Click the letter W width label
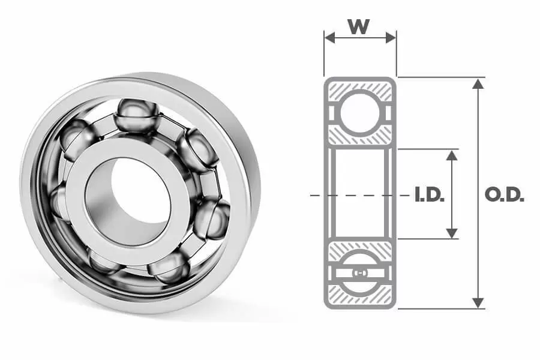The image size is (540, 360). [x=359, y=26]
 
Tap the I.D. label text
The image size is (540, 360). [x=430, y=195]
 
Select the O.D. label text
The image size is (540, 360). [x=504, y=195]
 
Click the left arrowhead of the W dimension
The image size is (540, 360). [x=329, y=38]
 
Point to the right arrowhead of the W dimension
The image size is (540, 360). [x=391, y=38]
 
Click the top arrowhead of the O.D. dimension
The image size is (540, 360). [x=478, y=83]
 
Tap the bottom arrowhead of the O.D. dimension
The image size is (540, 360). [x=478, y=303]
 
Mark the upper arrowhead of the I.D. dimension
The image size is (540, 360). [x=451, y=155]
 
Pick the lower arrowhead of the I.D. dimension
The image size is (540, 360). [x=451, y=233]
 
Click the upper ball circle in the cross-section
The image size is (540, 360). [x=360, y=113]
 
